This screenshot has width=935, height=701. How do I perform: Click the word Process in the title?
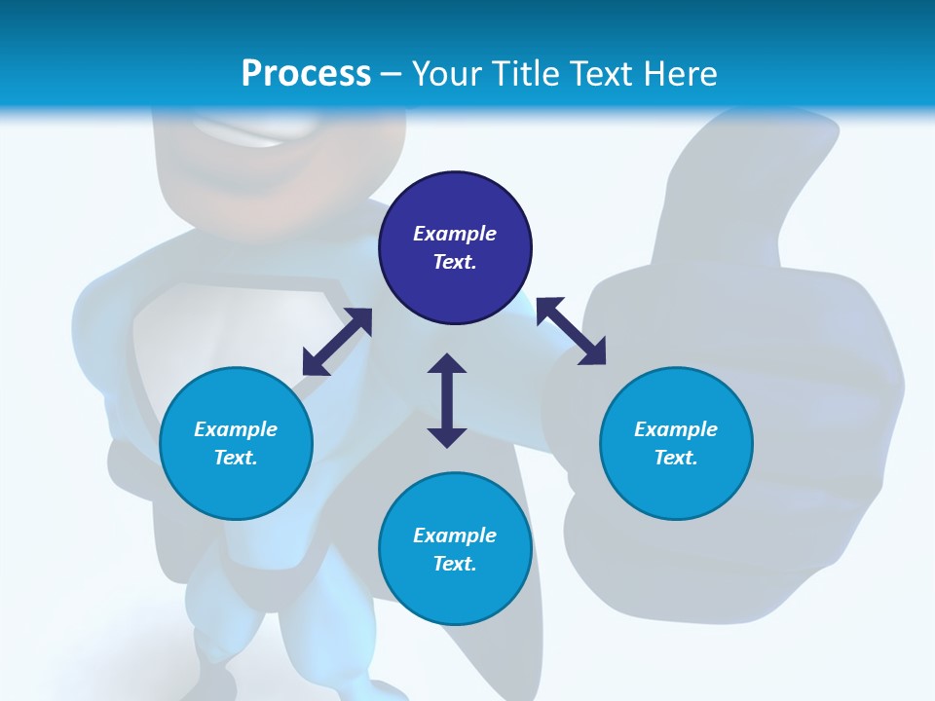coord(306,74)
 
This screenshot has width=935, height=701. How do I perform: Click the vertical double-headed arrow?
coord(447,400)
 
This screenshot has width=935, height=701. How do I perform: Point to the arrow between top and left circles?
coord(337,342)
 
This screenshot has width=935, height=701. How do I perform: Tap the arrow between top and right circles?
coord(571,331)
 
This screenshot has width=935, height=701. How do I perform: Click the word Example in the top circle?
coord(455,234)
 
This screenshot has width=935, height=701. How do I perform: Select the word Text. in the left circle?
coord(236,458)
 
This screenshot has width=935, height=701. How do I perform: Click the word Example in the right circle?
coord(676,429)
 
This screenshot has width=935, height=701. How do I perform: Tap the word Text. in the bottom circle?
coord(455,564)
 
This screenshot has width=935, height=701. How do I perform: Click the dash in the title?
coord(391,74)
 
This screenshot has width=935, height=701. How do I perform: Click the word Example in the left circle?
coord(236,429)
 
